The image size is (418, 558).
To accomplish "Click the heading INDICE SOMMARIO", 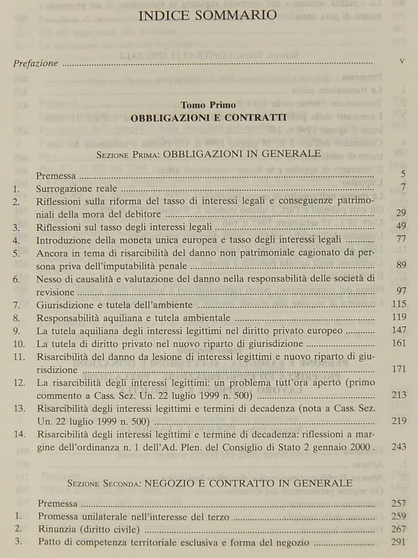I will point(208,15).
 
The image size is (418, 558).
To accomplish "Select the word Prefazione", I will point(35,63).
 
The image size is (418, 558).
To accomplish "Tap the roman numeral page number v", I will point(402,61).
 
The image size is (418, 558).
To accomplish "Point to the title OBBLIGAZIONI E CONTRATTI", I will point(208,118).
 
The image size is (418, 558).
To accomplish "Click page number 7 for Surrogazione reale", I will point(403,187).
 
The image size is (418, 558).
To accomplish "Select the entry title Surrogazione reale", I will point(76,189).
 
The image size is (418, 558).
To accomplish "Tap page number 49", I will point(401,226).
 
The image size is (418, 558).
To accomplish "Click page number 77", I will point(401,239).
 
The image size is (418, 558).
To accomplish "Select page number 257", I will point(399,503).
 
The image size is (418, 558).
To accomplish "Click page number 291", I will point(399,542).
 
